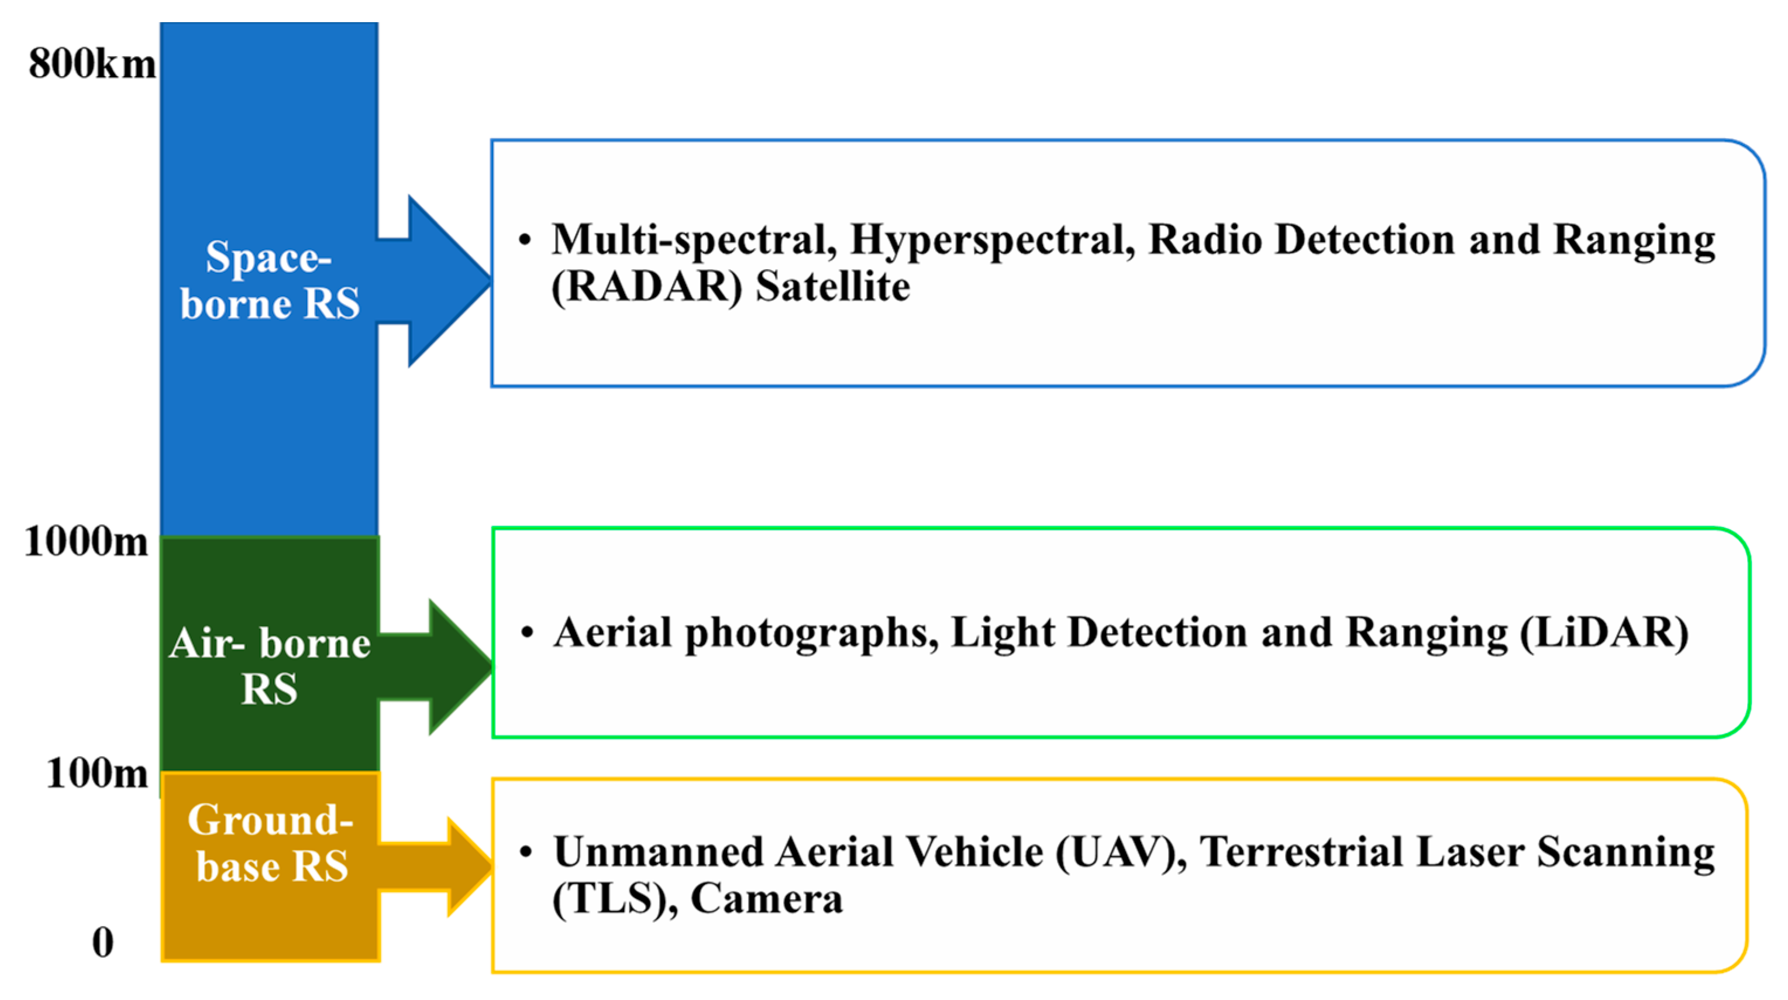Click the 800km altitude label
click(x=92, y=64)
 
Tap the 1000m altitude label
click(x=86, y=541)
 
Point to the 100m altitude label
click(x=97, y=773)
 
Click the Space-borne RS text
click(x=269, y=280)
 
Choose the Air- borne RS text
click(x=269, y=665)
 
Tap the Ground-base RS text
click(x=271, y=843)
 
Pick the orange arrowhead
click(x=469, y=866)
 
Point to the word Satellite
click(x=832, y=287)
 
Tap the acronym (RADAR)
click(x=646, y=287)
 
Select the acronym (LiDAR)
click(x=1603, y=633)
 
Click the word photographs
click(x=811, y=633)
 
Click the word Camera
click(x=766, y=899)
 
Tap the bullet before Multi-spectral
click(x=525, y=240)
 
